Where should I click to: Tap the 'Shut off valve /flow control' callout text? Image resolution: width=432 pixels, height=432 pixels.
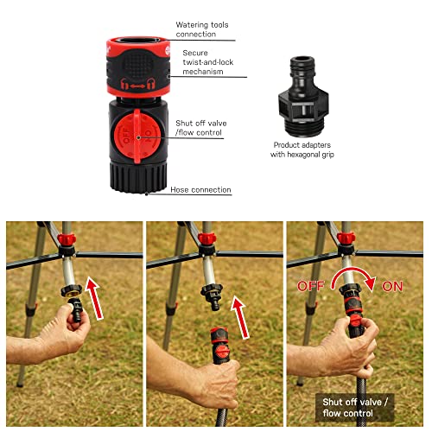(201, 128)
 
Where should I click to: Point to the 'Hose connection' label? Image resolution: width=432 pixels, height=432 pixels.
(200, 189)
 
